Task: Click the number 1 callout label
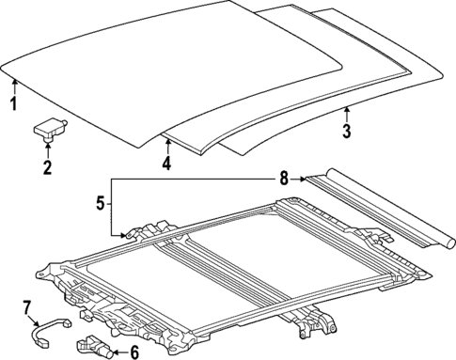13,103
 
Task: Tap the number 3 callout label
346,132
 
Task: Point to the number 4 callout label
166,164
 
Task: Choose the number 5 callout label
100,200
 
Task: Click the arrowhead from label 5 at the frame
119,235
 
